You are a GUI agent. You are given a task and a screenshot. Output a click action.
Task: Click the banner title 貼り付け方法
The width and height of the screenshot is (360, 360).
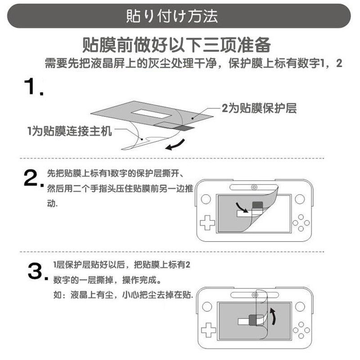pyautogui.click(x=172, y=16)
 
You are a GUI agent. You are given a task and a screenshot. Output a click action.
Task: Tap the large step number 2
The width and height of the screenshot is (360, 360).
pyautogui.click(x=32, y=179)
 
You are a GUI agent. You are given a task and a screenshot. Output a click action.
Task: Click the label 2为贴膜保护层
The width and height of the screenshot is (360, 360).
pyautogui.click(x=259, y=108)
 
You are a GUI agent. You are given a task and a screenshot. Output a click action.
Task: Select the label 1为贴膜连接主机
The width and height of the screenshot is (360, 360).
pyautogui.click(x=69, y=131)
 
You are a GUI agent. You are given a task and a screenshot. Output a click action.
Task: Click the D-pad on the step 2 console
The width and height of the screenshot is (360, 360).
pyautogui.click(x=207, y=223)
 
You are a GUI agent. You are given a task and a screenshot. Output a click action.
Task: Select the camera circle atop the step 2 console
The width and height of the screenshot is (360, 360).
pyautogui.click(x=255, y=187)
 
